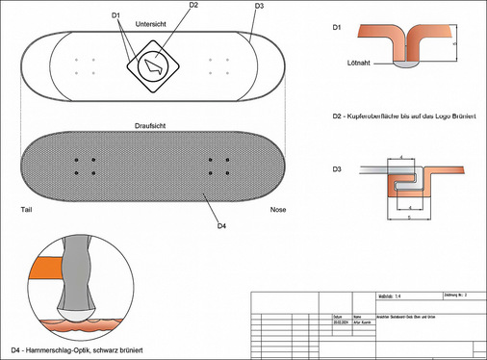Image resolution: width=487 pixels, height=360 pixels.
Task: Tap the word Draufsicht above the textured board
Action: tap(153, 125)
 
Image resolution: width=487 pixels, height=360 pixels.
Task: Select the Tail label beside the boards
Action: tap(27, 209)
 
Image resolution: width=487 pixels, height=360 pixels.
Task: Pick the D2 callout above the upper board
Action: tap(193, 6)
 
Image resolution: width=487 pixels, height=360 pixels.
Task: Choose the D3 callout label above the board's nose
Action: tap(259, 7)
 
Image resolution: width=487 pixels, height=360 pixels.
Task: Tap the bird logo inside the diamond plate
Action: tap(154, 67)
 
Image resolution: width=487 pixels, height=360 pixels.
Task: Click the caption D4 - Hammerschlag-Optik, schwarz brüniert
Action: tap(77, 347)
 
